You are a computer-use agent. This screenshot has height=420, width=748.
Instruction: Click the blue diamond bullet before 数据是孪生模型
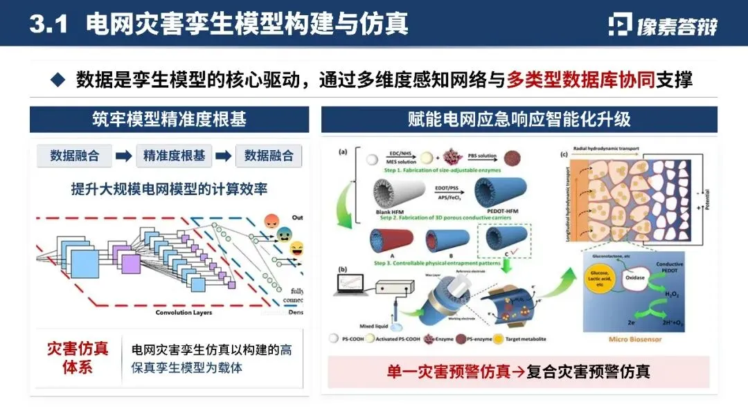pos(58,80)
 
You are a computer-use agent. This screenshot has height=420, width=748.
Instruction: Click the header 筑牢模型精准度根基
pos(169,119)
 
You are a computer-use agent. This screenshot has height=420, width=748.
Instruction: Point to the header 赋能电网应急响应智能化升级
pos(519,119)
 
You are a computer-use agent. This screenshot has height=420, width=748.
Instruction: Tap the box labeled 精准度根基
pos(174,156)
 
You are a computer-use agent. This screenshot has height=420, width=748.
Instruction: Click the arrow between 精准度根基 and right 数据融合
pos(223,156)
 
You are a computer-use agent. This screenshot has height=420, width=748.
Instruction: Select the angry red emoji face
pos(272,223)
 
